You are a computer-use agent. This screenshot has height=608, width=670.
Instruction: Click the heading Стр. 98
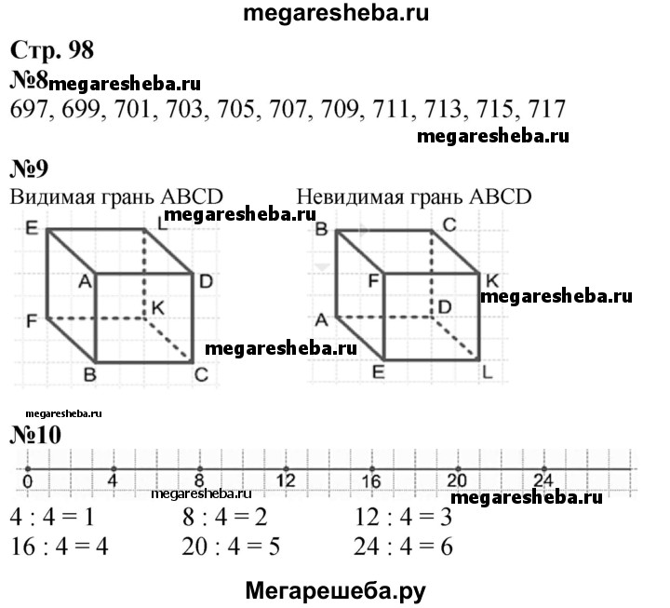pyautogui.click(x=53, y=50)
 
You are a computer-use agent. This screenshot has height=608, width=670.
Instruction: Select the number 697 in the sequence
pyautogui.click(x=30, y=109)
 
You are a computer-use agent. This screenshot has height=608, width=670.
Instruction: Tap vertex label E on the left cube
pyautogui.click(x=31, y=227)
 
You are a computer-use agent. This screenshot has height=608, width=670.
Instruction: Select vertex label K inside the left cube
pyautogui.click(x=159, y=306)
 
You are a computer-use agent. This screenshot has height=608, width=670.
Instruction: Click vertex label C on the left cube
pyautogui.click(x=200, y=374)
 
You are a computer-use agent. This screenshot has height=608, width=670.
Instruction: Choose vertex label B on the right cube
pyautogui.click(x=321, y=228)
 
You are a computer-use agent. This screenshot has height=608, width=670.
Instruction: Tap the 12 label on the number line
pyautogui.click(x=286, y=482)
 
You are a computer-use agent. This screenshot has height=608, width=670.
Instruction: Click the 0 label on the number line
pyautogui.click(x=27, y=482)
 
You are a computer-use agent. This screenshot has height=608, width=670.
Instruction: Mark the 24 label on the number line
pyautogui.click(x=543, y=482)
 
